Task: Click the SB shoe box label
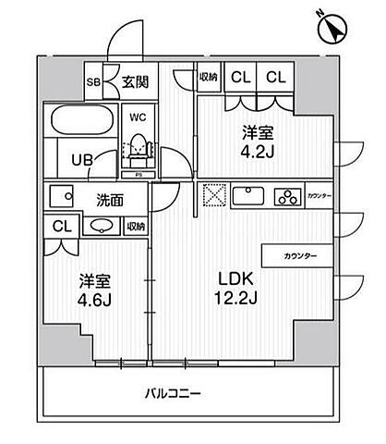click(93, 80)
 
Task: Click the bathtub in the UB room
click(82, 125)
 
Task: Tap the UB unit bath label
click(82, 158)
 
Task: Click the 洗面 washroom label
click(110, 197)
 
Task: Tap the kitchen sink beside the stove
click(250, 195)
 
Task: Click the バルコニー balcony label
click(174, 393)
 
